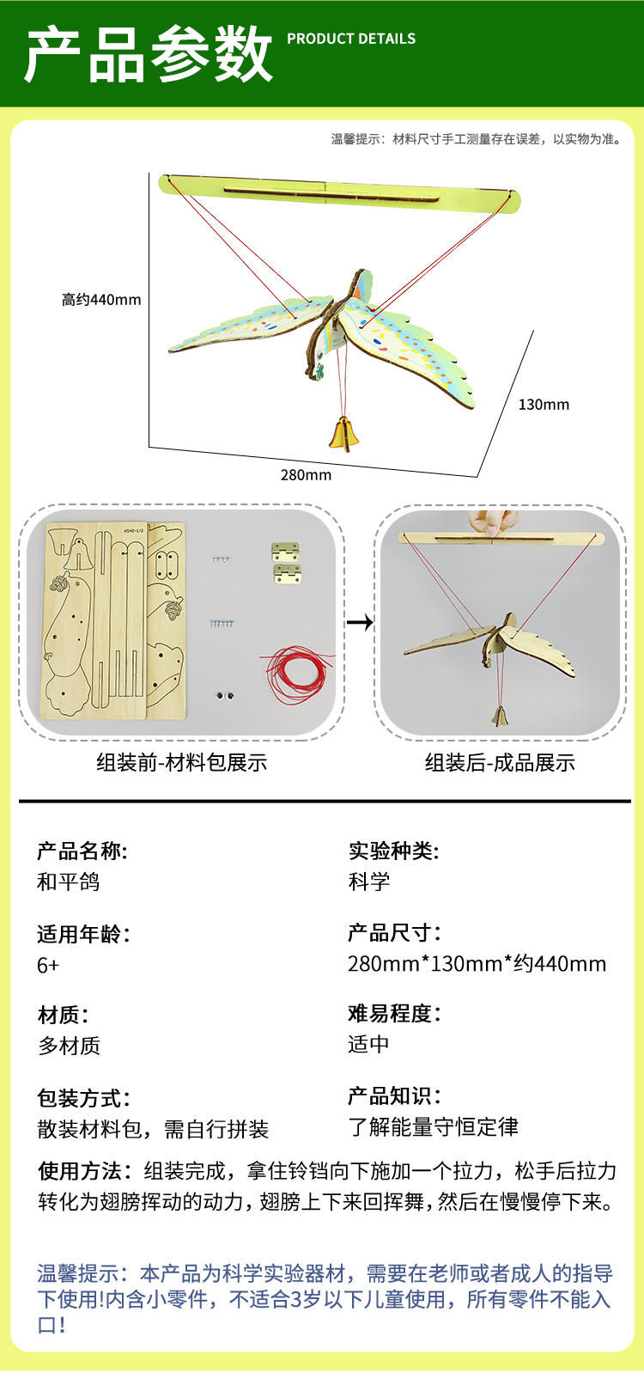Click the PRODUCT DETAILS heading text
click(351, 39)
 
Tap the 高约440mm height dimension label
click(100, 300)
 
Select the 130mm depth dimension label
click(544, 405)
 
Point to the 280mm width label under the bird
click(306, 475)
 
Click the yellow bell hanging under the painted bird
click(344, 433)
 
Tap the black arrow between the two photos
click(360, 622)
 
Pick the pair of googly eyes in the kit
click(225, 695)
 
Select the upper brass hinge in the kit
click(286, 551)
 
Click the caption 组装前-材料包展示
click(182, 762)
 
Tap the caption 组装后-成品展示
click(500, 762)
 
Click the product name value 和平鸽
click(69, 882)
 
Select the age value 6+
click(48, 965)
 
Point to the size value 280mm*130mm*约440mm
click(477, 963)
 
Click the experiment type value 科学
click(369, 882)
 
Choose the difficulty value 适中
click(368, 1044)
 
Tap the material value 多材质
click(69, 1046)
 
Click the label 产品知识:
click(394, 1096)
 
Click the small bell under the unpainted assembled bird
click(499, 714)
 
